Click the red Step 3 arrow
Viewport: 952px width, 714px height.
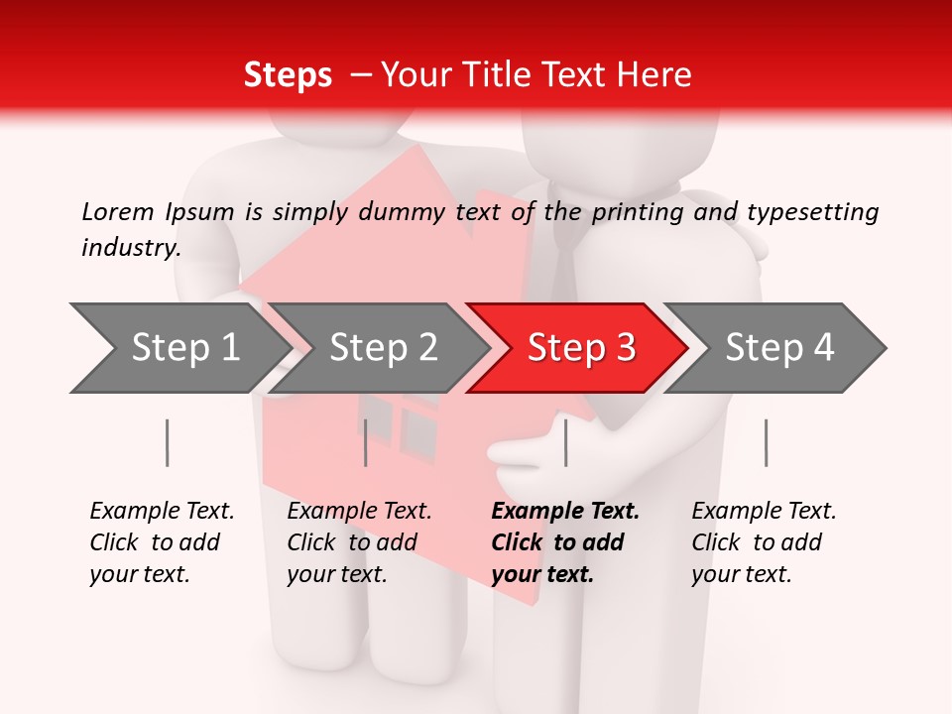580,348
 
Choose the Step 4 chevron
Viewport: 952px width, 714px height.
779,348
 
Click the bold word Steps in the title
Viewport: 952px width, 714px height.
288,75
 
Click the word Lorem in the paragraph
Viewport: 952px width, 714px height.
117,211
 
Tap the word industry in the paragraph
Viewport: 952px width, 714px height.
131,247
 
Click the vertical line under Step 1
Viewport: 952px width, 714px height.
168,442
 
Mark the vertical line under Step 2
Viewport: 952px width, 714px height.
366,442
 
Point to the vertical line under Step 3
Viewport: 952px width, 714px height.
566,442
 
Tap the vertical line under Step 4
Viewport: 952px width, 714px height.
767,442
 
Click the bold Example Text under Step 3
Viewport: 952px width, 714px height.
565,511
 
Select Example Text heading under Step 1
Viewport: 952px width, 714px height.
162,511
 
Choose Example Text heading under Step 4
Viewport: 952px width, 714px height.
764,511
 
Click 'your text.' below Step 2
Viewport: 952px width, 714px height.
336,574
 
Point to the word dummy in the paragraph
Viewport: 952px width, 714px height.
408,211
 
